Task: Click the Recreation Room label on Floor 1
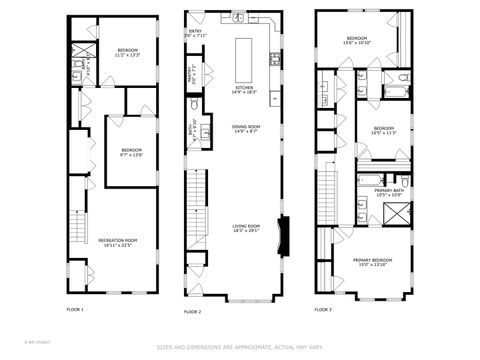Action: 117,242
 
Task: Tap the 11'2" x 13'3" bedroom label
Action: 128,52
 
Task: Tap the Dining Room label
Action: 246,128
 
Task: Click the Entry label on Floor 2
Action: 194,33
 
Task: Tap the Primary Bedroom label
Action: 372,261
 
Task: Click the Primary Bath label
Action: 389,192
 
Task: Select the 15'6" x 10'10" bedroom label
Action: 357,41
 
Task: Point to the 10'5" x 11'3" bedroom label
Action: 385,129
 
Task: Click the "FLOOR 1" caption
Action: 75,310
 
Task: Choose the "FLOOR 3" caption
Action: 323,310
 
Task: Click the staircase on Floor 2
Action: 197,210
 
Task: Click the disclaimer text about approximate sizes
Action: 240,348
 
